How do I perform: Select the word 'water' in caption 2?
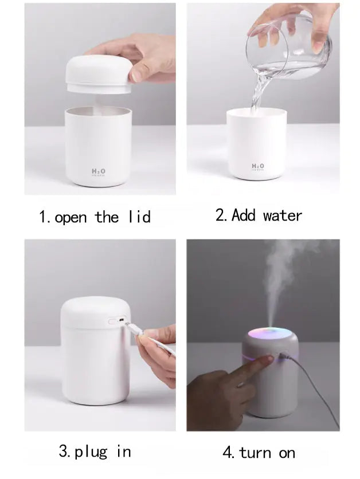(x=282, y=215)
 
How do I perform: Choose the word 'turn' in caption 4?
(x=255, y=453)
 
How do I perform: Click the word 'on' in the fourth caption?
(x=287, y=453)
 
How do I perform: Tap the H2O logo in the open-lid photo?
(x=99, y=171)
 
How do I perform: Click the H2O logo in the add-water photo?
(x=259, y=166)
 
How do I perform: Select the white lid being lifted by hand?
(x=98, y=74)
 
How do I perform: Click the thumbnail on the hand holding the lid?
(x=137, y=73)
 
